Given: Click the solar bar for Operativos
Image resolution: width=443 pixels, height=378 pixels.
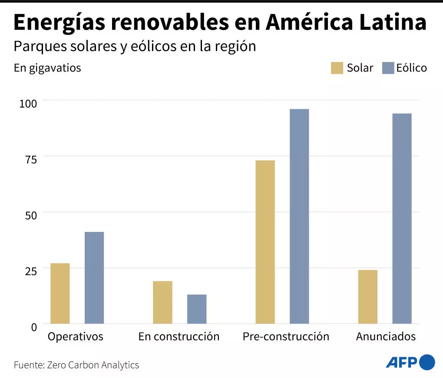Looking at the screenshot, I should coord(60,293).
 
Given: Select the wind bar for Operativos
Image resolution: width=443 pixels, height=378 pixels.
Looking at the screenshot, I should coord(94,277).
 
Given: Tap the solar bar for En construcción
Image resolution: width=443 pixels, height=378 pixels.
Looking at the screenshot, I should coord(162,302).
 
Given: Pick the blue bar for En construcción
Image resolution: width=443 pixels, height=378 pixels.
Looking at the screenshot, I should coord(197,309).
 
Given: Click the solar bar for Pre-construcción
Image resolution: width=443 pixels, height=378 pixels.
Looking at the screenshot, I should coord(265,242).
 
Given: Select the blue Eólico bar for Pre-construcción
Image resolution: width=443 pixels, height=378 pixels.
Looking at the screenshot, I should coord(299,216).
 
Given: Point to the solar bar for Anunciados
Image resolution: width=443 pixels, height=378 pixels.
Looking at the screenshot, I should coord(368,297).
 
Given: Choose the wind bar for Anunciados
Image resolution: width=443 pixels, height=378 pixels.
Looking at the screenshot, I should coord(402,218).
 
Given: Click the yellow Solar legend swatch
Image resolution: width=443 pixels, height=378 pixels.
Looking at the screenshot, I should coord(337,68).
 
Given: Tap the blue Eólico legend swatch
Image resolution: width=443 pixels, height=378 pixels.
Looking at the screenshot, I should coord(388,68).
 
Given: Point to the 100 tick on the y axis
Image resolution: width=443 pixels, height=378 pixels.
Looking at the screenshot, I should coord(28,103).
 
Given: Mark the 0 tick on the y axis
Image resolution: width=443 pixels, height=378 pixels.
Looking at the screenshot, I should coord(34,327).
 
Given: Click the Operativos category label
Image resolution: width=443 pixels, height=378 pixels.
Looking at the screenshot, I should coord(76,336).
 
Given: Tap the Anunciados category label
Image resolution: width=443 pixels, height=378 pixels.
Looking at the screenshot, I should coord(386,336).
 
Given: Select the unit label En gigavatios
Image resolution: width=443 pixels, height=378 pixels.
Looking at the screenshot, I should coord(47,68).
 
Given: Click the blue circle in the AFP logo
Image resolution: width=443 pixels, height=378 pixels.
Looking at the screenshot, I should coord(427,362).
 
